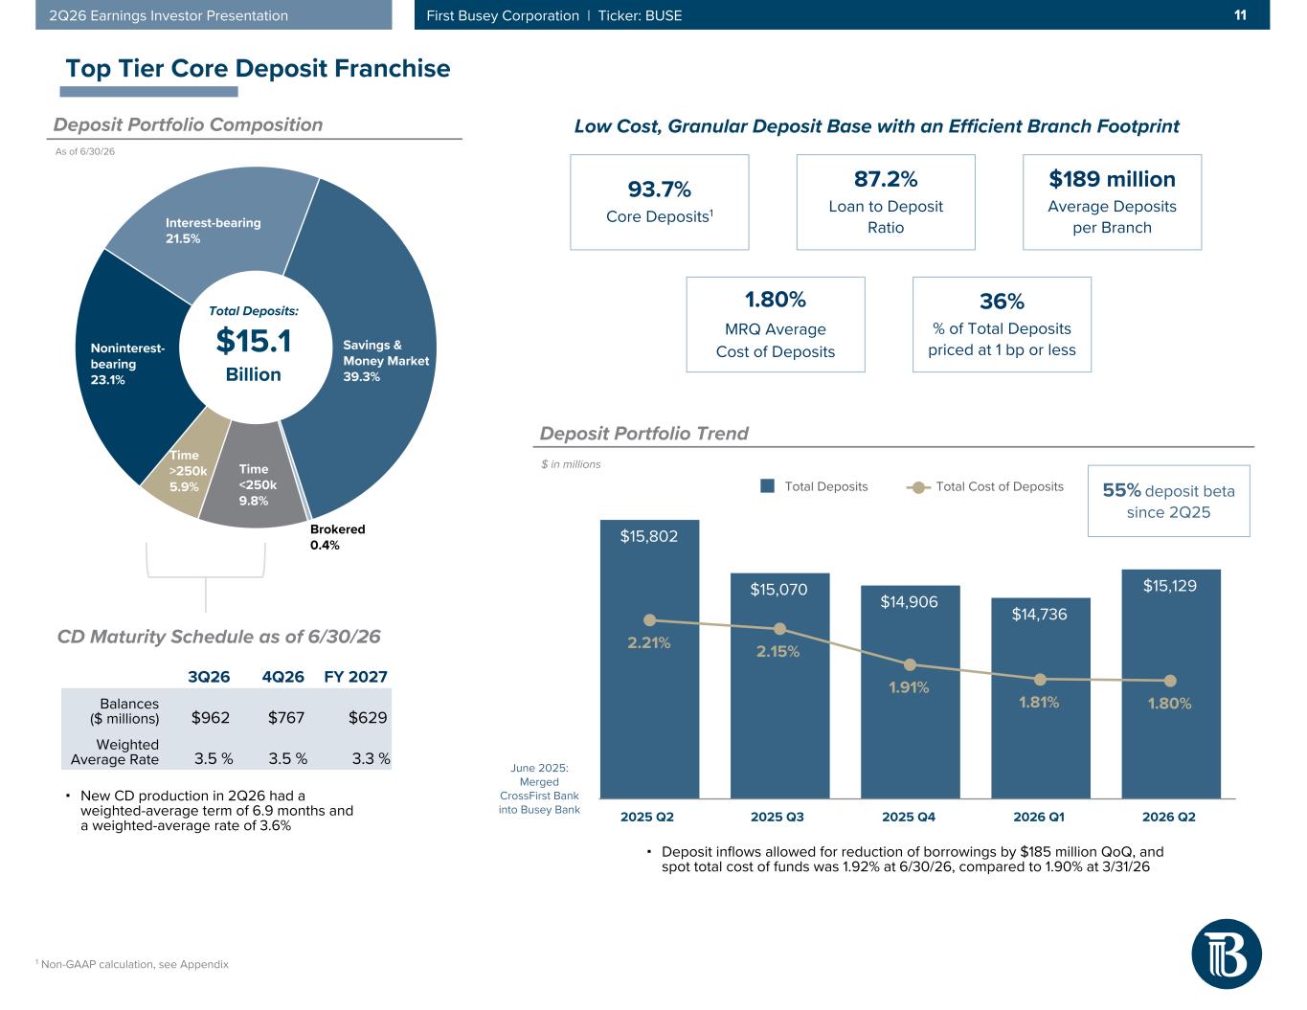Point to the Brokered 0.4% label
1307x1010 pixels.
337,537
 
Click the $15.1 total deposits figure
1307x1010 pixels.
253,340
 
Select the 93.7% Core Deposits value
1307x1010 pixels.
659,190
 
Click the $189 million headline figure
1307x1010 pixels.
1112,179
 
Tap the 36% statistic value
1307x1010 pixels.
1002,302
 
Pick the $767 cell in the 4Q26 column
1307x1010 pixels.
285,717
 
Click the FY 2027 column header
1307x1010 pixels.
355,677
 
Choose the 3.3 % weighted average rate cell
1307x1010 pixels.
371,759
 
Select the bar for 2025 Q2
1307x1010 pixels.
649,659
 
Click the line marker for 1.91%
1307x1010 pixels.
910,665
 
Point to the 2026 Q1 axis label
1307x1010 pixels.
1039,817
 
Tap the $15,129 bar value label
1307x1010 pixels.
1170,586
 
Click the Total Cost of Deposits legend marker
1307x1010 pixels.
918,487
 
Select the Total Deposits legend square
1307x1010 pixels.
768,485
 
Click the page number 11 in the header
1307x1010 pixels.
1240,15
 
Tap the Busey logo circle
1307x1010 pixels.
1227,954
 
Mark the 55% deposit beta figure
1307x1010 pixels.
1121,490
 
